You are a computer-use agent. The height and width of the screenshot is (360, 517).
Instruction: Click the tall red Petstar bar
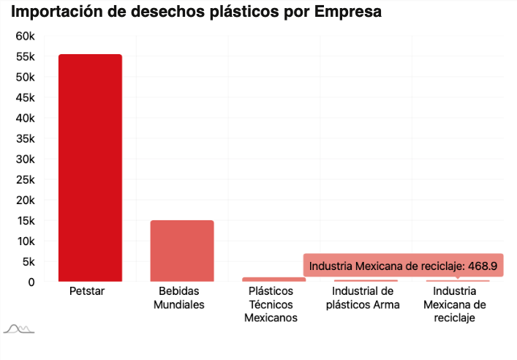pos(90,168)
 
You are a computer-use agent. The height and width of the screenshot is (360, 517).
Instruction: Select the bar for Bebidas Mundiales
pos(182,251)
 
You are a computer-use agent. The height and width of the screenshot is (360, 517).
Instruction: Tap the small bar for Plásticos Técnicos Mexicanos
pos(273,280)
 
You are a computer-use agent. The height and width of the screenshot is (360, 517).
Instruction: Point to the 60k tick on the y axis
pos(25,37)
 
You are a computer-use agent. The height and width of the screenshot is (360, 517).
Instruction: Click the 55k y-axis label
pos(25,57)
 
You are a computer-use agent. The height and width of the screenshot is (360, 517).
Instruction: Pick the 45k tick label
pos(25,98)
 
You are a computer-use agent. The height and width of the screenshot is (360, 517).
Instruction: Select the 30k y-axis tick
pos(25,160)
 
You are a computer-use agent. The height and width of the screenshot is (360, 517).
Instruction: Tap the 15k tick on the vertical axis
pos(25,221)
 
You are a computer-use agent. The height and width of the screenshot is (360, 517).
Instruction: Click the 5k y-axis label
pos(28,261)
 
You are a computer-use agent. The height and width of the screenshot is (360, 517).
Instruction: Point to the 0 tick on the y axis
pos(31,282)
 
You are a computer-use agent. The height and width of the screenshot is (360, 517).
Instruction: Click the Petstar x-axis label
pos(87,291)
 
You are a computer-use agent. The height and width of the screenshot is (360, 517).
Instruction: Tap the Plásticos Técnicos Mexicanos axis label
pos(271,304)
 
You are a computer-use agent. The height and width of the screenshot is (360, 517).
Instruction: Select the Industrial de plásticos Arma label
pos(363,298)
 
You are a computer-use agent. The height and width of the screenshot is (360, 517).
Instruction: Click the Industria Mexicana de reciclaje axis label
pos(455,304)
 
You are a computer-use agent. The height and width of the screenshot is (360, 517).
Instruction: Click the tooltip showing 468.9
pos(404,266)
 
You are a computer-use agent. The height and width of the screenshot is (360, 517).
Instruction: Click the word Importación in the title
pos(56,13)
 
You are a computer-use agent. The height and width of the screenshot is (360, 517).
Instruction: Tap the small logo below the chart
pos(19,329)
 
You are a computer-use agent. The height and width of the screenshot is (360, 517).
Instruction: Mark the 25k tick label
pos(25,180)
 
